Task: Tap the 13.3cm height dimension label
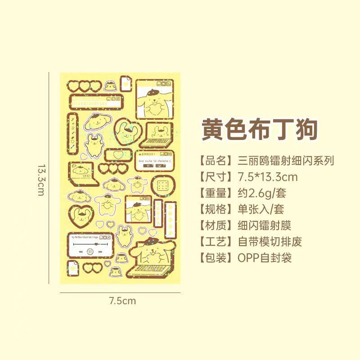[x=41, y=179]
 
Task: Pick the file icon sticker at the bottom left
[x=74, y=268]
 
